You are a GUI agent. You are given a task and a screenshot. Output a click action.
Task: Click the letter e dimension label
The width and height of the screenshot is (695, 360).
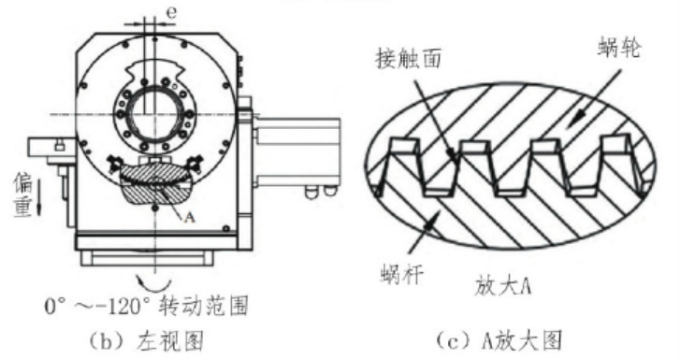(x=171, y=13)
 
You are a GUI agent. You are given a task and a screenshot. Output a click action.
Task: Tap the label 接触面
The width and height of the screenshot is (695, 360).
(x=408, y=58)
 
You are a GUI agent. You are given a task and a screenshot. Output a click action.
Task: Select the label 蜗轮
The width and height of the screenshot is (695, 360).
(x=618, y=47)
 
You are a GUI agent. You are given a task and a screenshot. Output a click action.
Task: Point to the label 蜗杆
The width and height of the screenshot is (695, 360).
(x=402, y=274)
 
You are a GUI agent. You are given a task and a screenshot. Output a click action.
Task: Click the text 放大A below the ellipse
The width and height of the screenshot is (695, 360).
(x=503, y=286)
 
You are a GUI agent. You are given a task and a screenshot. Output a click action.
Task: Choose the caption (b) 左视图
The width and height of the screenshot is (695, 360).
(x=147, y=341)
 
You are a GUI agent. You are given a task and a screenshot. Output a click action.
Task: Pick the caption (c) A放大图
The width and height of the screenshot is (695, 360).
(x=500, y=340)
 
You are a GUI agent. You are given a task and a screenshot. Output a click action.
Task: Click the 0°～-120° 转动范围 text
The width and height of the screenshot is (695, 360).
(x=146, y=306)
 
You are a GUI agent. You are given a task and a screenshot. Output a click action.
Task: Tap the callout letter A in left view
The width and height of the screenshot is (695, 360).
(x=189, y=217)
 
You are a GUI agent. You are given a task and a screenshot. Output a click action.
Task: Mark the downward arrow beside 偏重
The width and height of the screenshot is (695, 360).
(x=38, y=196)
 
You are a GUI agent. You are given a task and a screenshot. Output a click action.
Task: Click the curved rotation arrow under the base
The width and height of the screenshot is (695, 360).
(x=153, y=282)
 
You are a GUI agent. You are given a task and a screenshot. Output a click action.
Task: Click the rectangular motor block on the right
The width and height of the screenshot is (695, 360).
(x=297, y=151)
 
